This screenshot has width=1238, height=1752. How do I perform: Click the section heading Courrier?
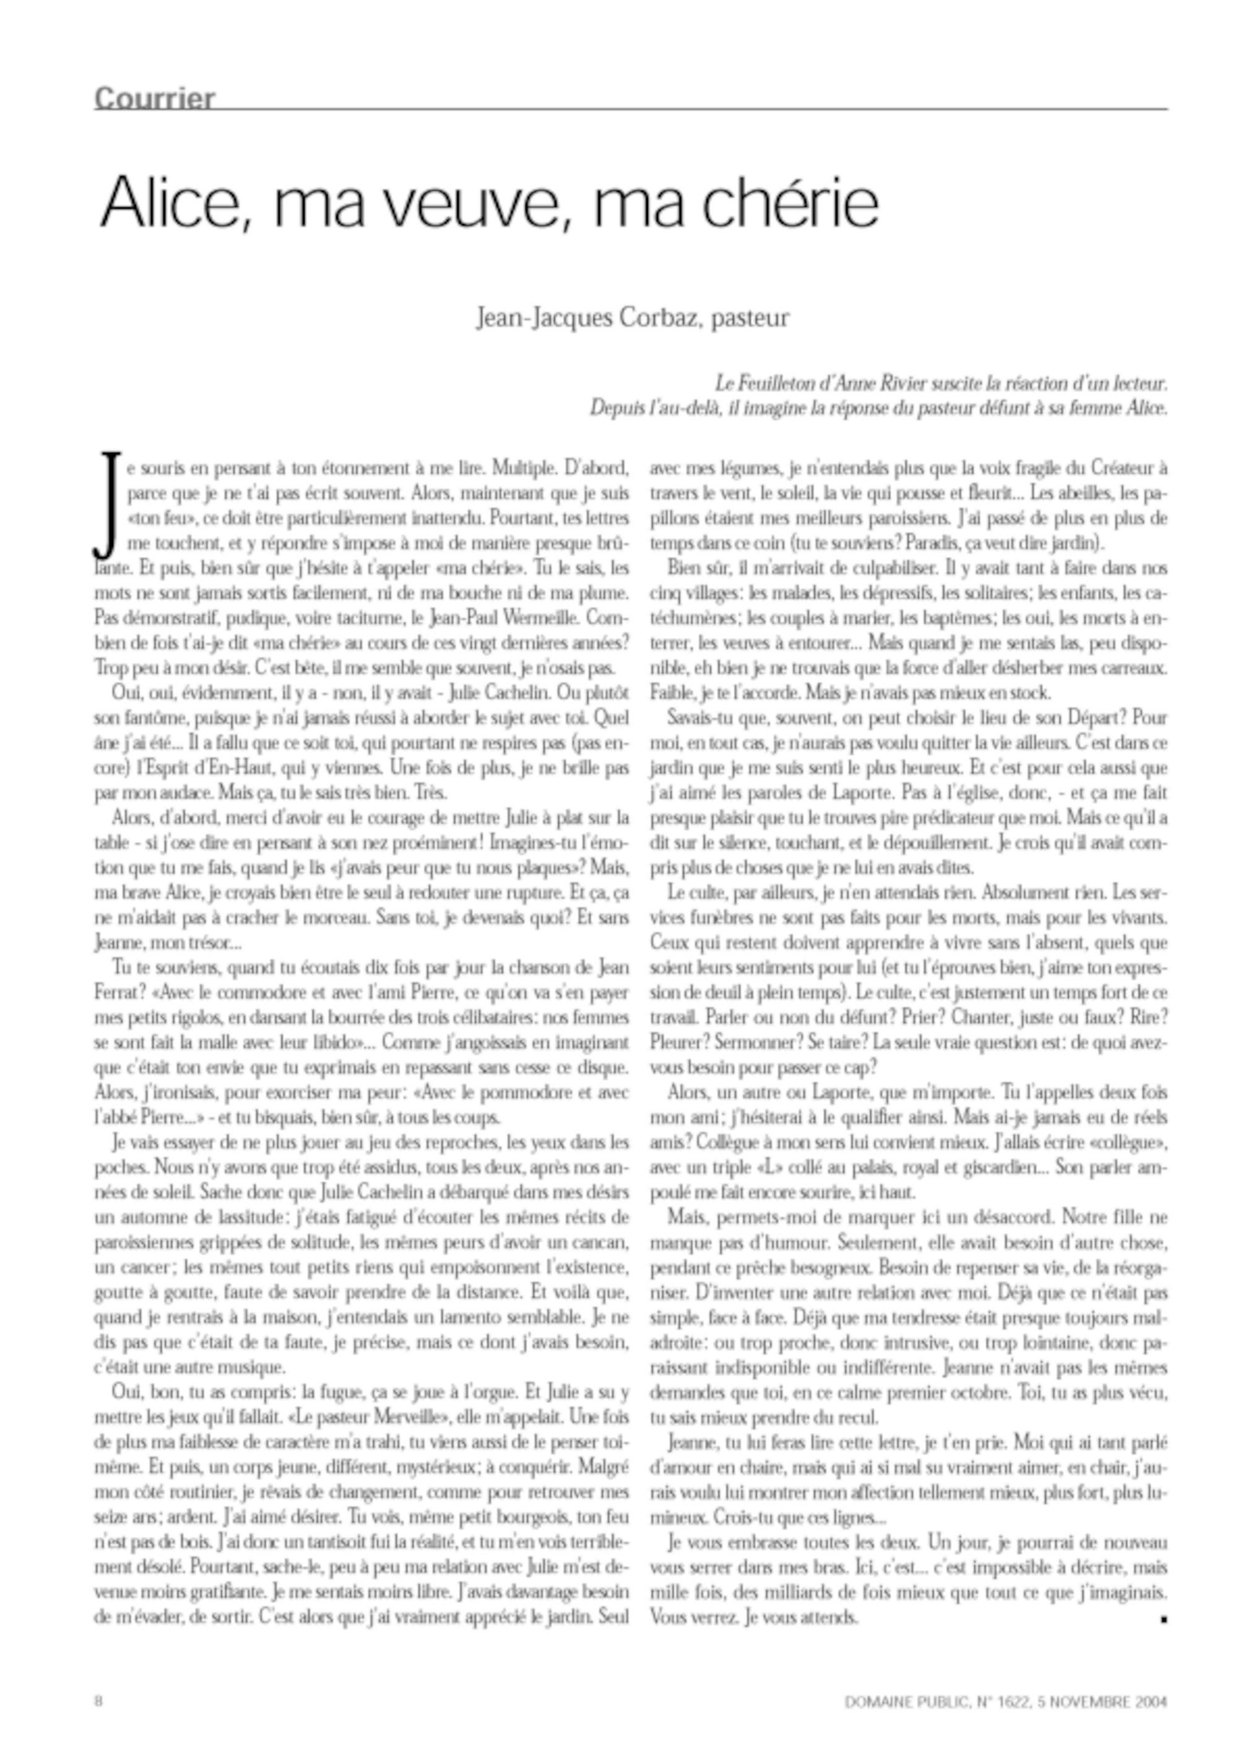[x=155, y=99]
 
